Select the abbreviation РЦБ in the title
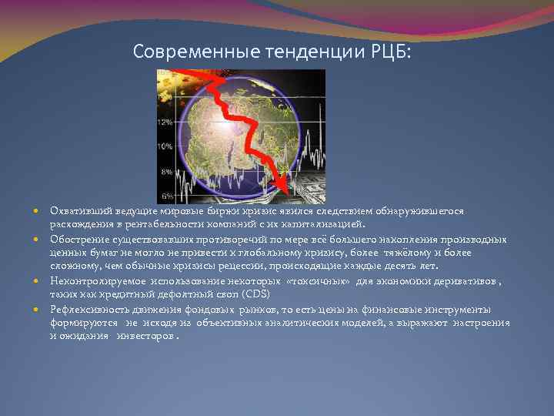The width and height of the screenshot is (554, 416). (392, 52)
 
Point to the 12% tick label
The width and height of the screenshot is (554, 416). (165, 122)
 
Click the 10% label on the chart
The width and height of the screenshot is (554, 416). (165, 146)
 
